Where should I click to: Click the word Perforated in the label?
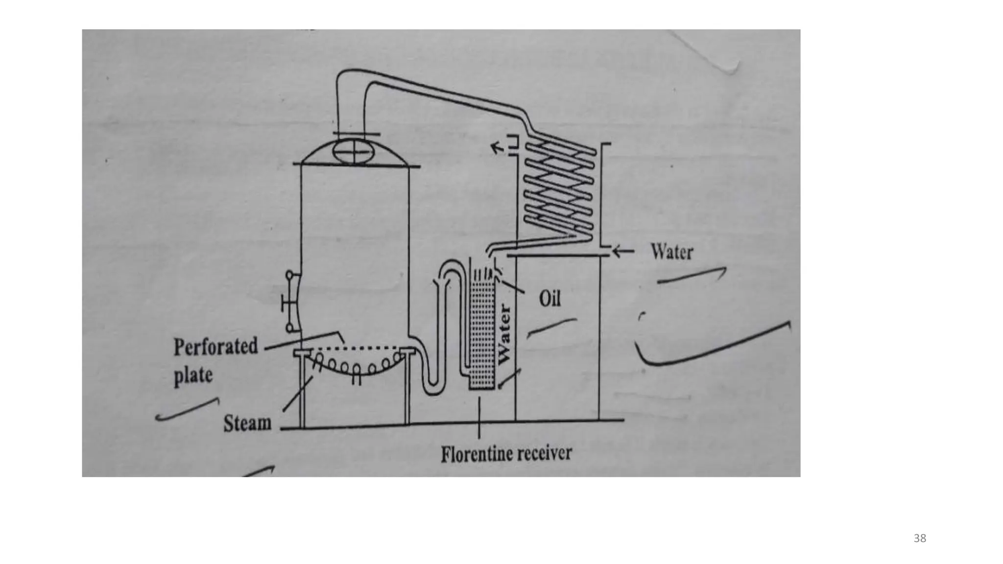pos(215,347)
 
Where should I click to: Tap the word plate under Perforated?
pos(193,376)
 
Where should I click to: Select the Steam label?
pos(247,423)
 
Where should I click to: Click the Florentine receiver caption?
pos(506,454)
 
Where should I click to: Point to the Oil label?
pos(549,298)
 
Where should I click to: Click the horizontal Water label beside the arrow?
pos(671,252)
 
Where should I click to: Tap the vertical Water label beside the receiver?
pos(504,334)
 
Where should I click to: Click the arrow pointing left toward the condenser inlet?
pos(622,252)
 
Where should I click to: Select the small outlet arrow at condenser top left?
pos(498,147)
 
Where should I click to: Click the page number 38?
pos(920,539)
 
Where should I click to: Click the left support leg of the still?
pos(302,392)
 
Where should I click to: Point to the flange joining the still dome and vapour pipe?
pos(356,134)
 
